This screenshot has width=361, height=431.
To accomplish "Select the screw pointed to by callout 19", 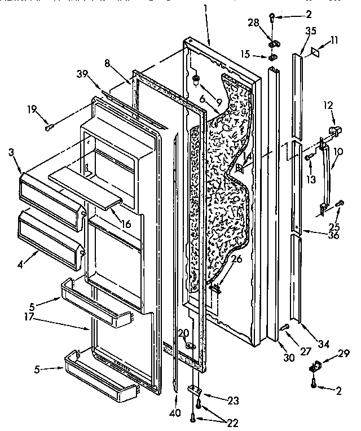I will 50,126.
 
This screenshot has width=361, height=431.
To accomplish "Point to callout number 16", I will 125,223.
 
